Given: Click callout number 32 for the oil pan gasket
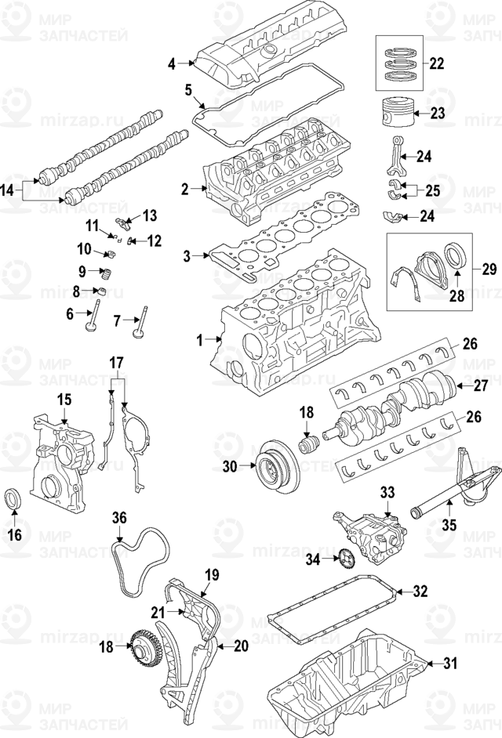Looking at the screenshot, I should click(421, 591).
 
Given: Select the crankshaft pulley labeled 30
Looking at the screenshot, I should click(270, 467).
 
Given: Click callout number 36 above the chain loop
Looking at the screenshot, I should click(119, 517).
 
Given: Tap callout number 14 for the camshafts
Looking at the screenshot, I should click(7, 189).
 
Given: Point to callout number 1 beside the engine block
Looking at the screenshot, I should click(200, 339).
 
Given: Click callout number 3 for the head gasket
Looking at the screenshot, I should click(187, 255).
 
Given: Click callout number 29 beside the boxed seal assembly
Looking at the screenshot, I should click(489, 270).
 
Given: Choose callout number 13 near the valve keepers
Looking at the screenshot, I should click(149, 215).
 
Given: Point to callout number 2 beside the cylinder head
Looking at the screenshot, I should click(185, 189).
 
